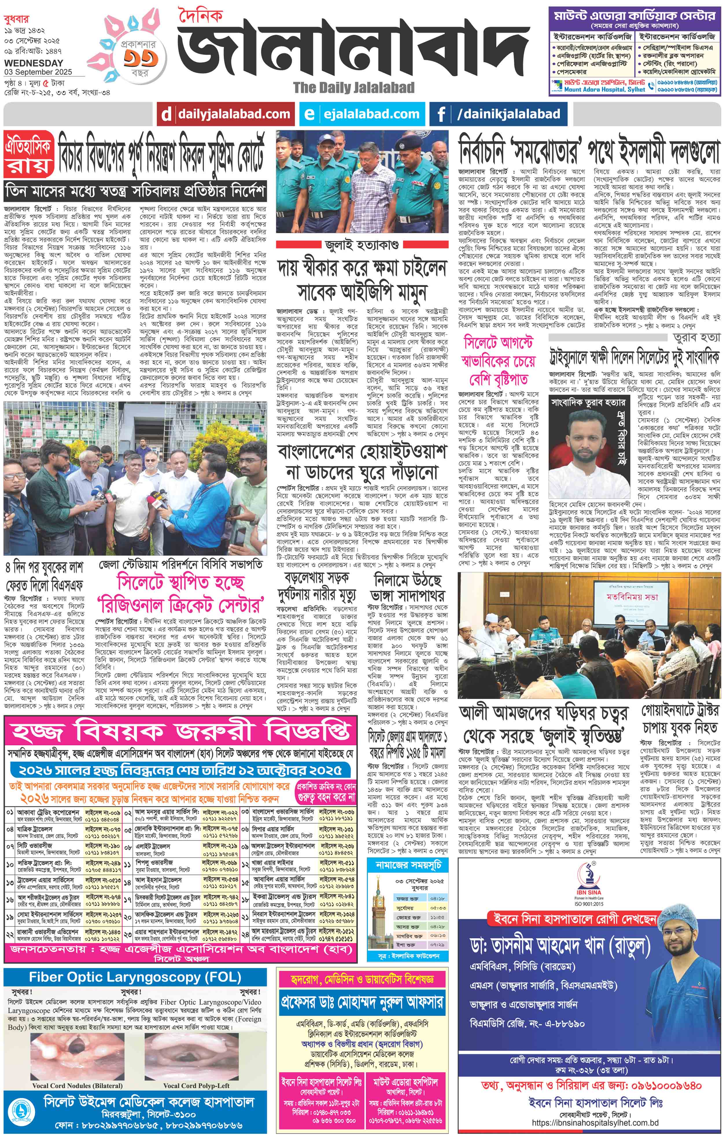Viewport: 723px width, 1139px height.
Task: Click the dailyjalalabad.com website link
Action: (x=233, y=114)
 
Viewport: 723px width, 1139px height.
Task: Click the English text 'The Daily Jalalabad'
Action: (x=354, y=87)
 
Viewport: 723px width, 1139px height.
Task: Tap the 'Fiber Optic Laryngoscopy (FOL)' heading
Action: (x=135, y=978)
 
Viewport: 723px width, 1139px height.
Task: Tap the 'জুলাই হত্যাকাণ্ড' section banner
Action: (x=362, y=245)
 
